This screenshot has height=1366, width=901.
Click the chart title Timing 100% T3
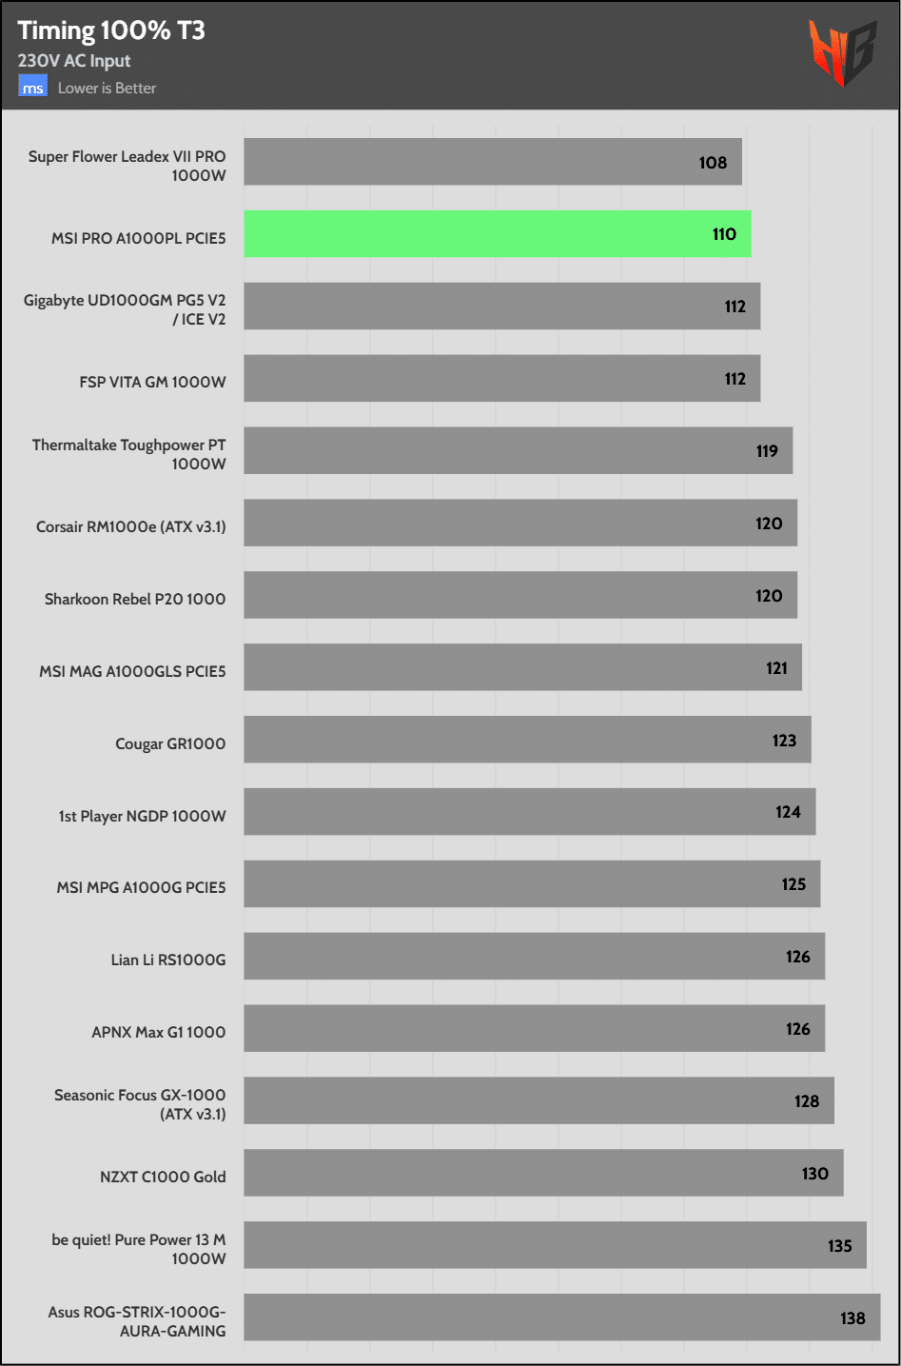click(111, 30)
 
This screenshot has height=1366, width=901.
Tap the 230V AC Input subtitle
click(74, 61)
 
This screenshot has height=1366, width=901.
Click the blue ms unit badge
click(32, 88)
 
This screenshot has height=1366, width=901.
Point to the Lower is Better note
click(107, 88)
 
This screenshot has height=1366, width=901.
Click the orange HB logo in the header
click(841, 53)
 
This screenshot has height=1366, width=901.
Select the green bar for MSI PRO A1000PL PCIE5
click(497, 234)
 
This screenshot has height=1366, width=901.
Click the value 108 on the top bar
click(713, 163)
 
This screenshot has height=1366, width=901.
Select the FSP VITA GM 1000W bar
click(501, 379)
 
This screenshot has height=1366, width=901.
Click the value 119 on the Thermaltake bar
click(767, 451)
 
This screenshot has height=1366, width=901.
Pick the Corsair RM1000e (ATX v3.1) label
click(131, 526)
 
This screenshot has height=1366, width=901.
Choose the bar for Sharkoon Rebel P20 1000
click(519, 595)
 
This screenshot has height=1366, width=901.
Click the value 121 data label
click(776, 668)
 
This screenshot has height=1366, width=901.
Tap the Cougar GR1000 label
click(170, 743)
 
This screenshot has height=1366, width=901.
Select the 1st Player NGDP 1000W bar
click(529, 812)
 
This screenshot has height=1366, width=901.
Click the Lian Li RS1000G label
click(168, 960)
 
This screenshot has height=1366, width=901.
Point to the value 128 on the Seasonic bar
click(806, 1101)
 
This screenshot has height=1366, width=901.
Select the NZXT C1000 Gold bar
click(543, 1173)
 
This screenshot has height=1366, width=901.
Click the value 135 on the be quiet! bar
click(839, 1246)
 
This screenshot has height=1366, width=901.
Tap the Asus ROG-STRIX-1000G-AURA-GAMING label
click(137, 1321)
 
